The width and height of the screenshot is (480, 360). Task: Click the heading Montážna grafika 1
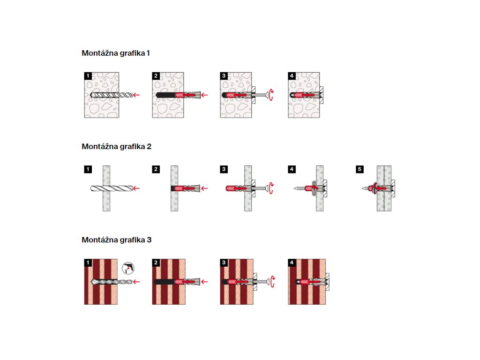(x=116, y=53)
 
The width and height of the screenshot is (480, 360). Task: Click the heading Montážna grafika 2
(x=116, y=146)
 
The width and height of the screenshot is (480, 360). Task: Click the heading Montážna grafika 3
(x=116, y=240)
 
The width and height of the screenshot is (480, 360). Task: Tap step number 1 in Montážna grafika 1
(x=88, y=76)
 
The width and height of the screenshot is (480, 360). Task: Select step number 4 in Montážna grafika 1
(x=292, y=76)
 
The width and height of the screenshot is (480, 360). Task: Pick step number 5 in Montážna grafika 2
(x=360, y=169)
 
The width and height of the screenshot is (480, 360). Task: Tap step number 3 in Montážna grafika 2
(x=224, y=169)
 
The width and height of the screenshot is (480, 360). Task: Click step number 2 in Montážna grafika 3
(x=156, y=262)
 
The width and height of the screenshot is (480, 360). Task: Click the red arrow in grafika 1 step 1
(x=136, y=95)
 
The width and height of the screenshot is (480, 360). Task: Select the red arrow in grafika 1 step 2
(x=204, y=95)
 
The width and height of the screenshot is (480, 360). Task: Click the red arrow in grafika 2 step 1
(x=136, y=188)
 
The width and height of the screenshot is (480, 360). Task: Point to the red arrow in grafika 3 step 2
(x=204, y=282)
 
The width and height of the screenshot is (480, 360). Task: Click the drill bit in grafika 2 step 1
(x=110, y=188)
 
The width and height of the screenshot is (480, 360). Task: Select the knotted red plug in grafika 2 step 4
(x=312, y=188)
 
